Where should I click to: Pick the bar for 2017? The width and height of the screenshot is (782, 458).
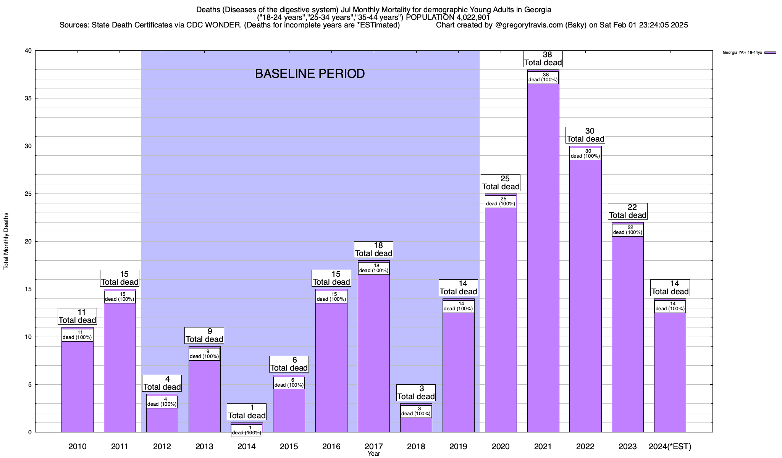[x=373, y=351]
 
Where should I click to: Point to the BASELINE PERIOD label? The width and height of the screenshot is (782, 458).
[x=310, y=74]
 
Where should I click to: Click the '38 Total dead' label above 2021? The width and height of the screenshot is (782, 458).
[x=543, y=59]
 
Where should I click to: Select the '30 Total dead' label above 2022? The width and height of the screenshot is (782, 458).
[x=585, y=135]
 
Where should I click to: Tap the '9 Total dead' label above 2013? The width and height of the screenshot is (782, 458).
[x=204, y=335]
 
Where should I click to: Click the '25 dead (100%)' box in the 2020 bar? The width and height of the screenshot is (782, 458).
[x=501, y=201]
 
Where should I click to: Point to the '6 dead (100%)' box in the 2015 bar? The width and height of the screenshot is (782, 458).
[x=289, y=382]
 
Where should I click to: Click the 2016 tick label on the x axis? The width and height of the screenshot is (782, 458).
[x=331, y=446]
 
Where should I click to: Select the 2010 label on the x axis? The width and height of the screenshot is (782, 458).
[x=77, y=446]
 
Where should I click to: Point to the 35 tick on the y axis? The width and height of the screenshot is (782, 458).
[x=29, y=98]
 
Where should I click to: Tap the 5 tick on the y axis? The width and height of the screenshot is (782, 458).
[x=30, y=385]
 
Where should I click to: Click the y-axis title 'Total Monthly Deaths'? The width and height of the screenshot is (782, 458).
[x=6, y=241]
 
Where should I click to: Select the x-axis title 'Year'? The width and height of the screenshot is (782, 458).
[x=374, y=454]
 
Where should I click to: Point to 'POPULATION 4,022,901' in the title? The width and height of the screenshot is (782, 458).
[x=448, y=17]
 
